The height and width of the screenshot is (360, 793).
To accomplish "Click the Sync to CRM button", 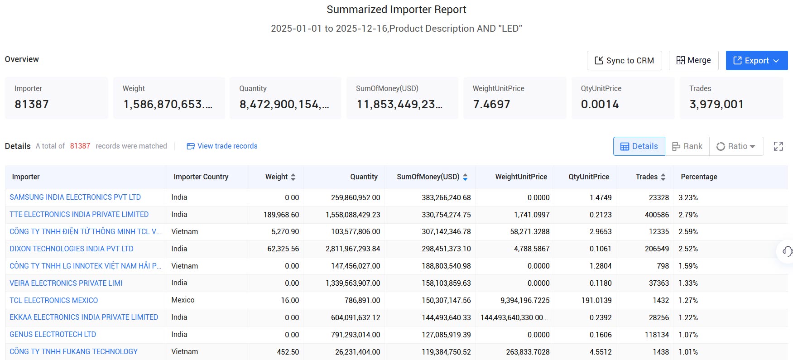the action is click(624, 61).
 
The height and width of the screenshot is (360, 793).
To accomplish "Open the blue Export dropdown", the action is click(756, 61).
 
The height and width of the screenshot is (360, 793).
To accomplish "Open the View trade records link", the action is click(222, 146).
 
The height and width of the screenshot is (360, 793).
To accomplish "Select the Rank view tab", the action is click(687, 146).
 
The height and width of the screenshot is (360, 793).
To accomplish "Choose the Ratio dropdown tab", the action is click(736, 146).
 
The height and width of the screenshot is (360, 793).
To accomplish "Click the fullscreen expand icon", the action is click(779, 146).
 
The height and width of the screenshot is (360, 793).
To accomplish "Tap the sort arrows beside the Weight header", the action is click(293, 177).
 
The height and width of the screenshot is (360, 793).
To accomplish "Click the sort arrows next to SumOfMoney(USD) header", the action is click(465, 177).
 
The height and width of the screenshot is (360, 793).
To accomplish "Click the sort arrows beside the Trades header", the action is click(663, 177).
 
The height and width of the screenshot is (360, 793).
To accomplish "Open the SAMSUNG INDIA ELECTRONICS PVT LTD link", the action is click(75, 197).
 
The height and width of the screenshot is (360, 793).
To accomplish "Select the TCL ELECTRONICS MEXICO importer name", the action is click(54, 300).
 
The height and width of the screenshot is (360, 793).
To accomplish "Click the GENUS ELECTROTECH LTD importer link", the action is click(53, 335).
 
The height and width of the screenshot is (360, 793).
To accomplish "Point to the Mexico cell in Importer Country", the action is click(183, 300).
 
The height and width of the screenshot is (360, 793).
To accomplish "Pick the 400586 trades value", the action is click(657, 215).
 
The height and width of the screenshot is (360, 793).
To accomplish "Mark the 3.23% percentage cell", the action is click(688, 197).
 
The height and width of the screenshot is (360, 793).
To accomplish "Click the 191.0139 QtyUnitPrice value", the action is click(596, 300).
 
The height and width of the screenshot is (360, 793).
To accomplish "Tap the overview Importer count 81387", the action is click(32, 105).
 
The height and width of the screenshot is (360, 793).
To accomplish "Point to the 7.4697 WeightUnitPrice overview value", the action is click(491, 105).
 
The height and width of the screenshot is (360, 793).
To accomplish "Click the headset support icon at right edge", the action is click(787, 251).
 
